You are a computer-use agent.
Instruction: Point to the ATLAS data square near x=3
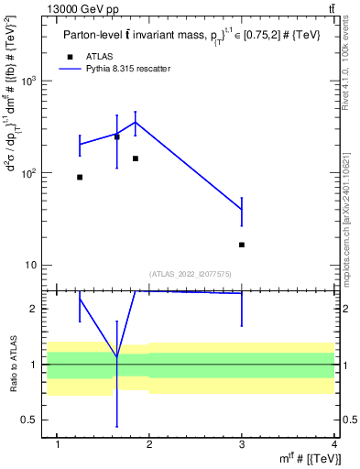tap(242, 245)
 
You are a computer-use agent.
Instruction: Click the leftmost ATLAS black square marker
tap(80, 177)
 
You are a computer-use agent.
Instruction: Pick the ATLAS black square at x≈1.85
tap(136, 158)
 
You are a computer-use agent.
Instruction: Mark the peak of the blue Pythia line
tap(136, 122)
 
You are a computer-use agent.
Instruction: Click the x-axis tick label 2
tap(150, 445)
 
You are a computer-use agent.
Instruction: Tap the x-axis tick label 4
tap(334, 445)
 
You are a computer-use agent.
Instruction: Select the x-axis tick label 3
tap(242, 445)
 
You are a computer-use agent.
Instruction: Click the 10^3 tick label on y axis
tap(27, 81)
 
